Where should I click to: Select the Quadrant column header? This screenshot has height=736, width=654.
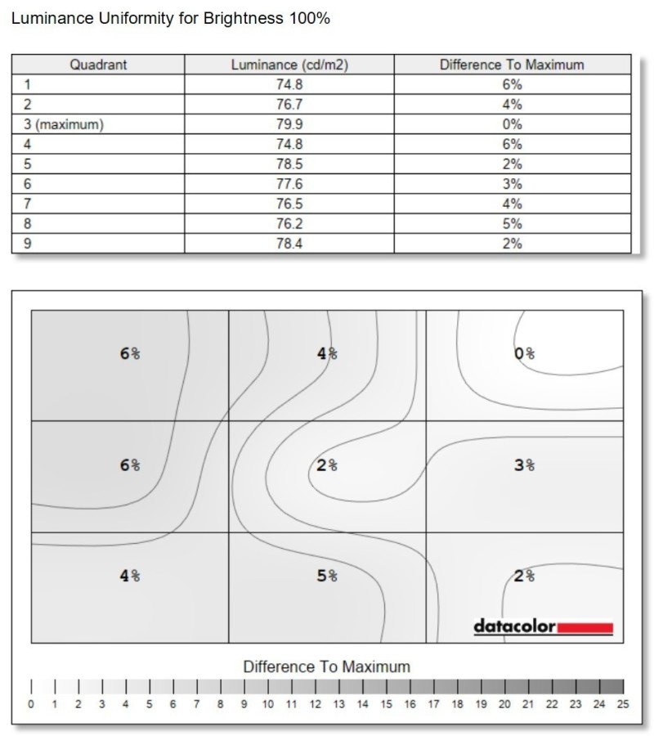coord(98,65)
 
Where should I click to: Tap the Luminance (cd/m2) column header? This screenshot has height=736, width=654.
coord(289,65)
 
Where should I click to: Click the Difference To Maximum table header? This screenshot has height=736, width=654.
coord(512,65)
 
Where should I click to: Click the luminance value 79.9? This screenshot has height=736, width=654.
coord(289,124)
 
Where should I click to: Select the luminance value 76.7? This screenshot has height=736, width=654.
coord(289,105)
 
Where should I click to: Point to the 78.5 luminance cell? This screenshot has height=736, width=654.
coord(289,164)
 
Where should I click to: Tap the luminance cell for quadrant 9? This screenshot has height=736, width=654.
coord(289,244)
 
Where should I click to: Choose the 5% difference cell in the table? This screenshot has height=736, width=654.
coord(512,224)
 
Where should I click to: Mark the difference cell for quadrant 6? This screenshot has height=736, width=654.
coord(512,184)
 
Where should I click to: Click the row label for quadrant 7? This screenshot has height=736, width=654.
coord(28,204)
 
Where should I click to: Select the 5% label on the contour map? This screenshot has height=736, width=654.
coord(327,576)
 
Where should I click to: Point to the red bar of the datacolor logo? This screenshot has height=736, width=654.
coord(585,628)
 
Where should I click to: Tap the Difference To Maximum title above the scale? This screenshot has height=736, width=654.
coord(327,666)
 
